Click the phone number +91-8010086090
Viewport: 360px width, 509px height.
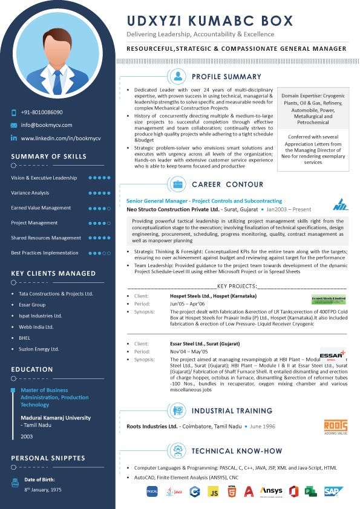[x=42, y=112]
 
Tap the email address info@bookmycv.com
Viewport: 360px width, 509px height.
[x=47, y=125]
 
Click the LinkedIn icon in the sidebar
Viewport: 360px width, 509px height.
[x=14, y=138]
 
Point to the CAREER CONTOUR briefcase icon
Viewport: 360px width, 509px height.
[x=178, y=184]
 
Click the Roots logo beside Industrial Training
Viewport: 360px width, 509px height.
[x=335, y=426]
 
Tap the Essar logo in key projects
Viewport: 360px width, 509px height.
[x=332, y=355]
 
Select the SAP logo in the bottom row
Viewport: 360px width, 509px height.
[x=333, y=491]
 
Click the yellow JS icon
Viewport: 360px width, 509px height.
[x=213, y=492]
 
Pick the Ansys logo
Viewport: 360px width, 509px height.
[x=271, y=491]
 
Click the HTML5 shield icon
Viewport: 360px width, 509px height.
[x=231, y=492]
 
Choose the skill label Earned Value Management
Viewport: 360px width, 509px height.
[x=41, y=208]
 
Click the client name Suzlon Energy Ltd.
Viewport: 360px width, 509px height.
[x=39, y=349]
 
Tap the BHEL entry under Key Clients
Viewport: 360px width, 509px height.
[x=25, y=338]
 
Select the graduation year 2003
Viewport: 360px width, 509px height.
[x=27, y=436]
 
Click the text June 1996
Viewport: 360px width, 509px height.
[x=262, y=426]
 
